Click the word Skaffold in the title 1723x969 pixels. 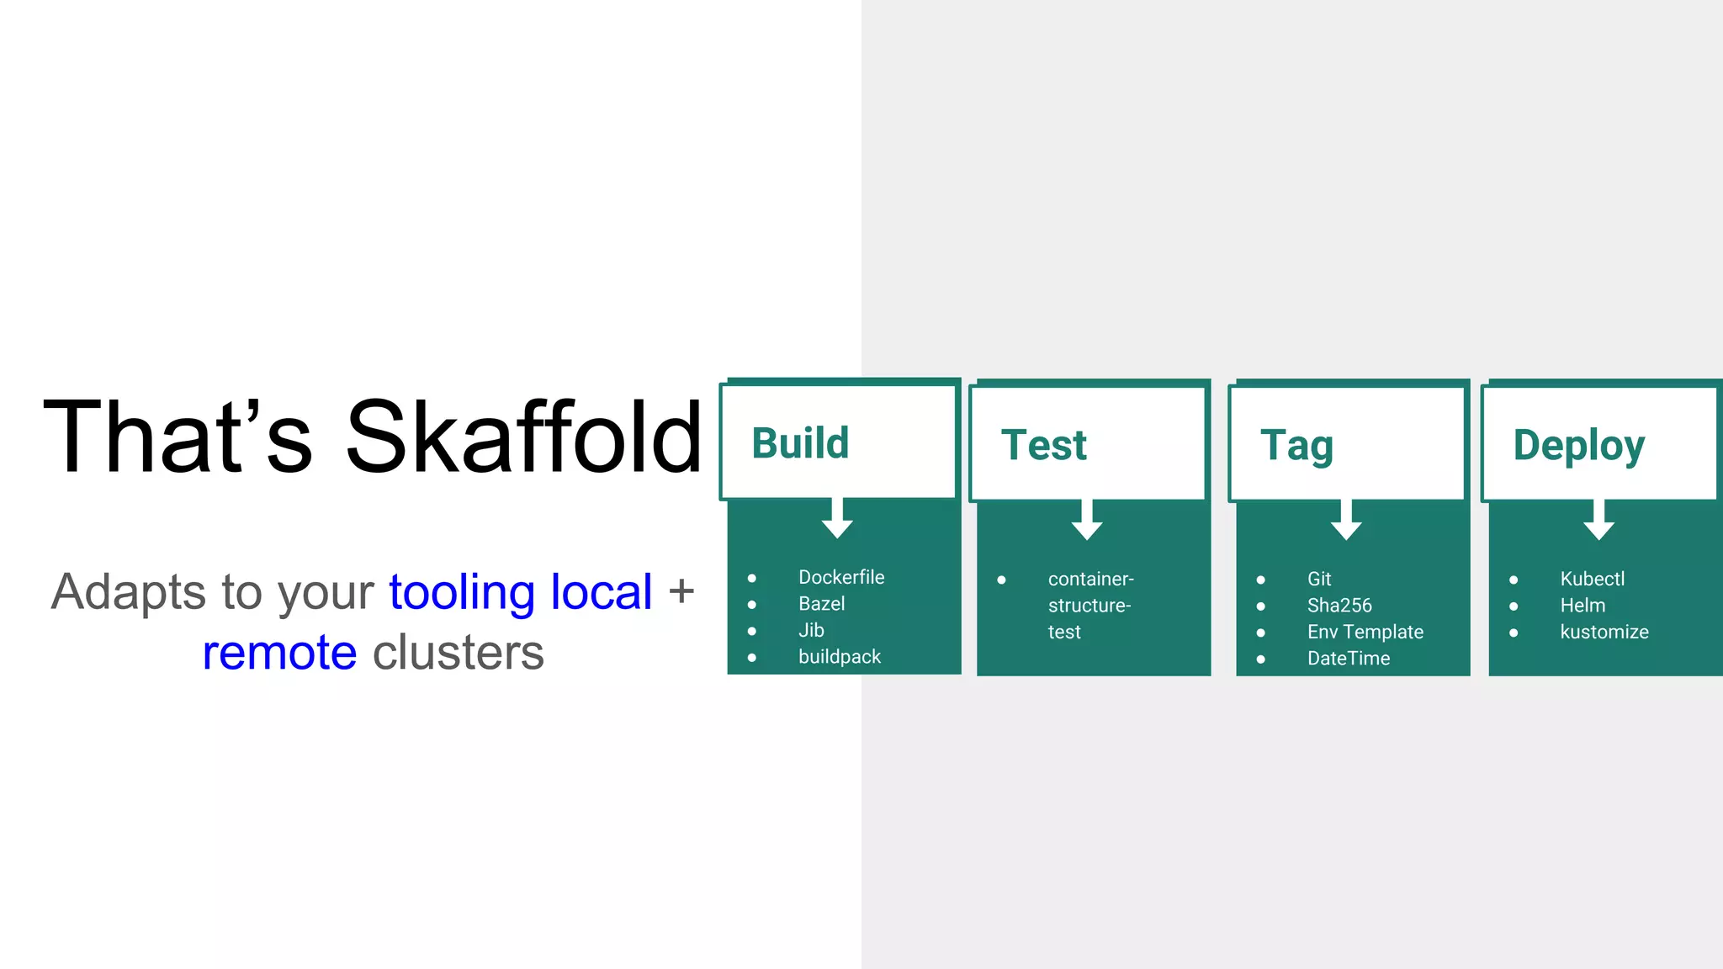coord(523,437)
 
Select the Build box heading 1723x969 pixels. coord(800,443)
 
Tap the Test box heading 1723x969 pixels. coord(1044,445)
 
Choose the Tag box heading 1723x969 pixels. coord(1296,446)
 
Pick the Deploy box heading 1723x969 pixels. coord(1578,445)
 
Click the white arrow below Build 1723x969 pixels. coord(837,519)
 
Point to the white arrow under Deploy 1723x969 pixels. coord(1598,521)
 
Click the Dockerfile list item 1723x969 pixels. coord(841,577)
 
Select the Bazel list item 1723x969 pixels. coord(821,603)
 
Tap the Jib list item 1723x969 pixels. coord(811,630)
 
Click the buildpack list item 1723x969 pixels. coord(839,656)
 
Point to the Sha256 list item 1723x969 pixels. coord(1339,605)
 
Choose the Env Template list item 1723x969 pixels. coord(1365,632)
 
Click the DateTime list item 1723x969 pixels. coord(1348,658)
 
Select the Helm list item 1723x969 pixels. coord(1582,605)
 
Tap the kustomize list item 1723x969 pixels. coord(1604,632)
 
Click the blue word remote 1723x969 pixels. coord(279,653)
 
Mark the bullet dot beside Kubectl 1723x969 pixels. coord(1514,580)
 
